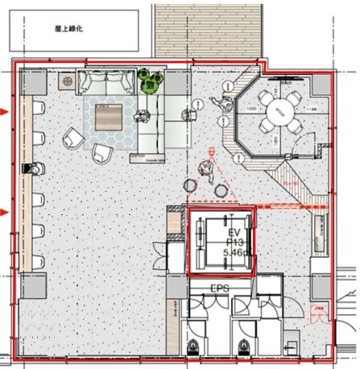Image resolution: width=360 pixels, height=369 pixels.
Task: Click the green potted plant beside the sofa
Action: (149, 80)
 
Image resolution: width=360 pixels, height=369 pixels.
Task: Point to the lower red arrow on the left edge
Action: (6, 212)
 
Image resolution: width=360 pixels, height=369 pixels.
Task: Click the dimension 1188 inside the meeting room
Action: (311, 106)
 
